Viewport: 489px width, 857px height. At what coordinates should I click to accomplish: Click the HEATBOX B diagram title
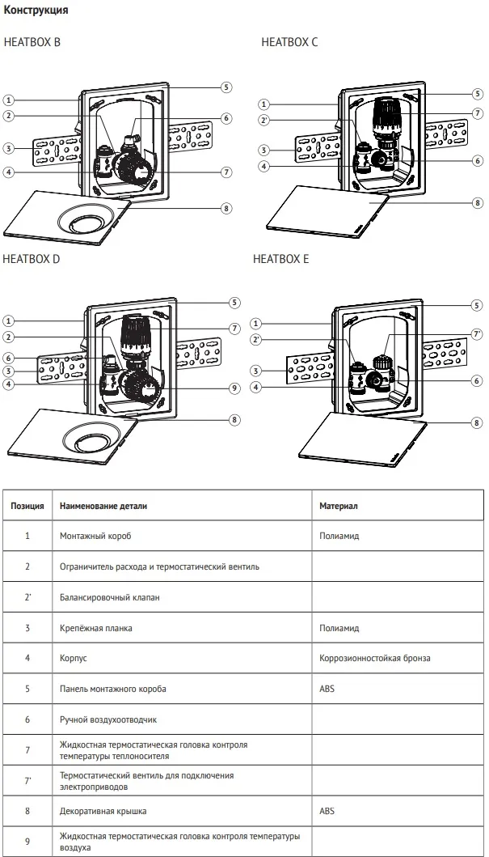point(32,42)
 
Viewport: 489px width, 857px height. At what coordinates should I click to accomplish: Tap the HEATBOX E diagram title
point(280,260)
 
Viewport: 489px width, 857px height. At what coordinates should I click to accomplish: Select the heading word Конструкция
point(36,11)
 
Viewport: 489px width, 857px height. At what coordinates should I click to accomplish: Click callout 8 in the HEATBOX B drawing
point(227,208)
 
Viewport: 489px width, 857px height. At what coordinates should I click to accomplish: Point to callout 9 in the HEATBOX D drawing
point(234,388)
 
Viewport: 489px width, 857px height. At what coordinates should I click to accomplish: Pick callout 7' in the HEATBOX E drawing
point(477,333)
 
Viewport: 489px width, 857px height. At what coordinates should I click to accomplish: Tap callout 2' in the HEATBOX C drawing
point(263,120)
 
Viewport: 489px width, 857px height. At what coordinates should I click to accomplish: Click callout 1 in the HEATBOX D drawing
point(8,320)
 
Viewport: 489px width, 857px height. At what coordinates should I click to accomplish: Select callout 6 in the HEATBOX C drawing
point(478,160)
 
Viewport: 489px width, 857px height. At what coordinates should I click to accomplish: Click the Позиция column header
point(27,505)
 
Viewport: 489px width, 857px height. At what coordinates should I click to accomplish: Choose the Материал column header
point(339,505)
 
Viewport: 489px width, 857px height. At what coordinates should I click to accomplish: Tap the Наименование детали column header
point(103,505)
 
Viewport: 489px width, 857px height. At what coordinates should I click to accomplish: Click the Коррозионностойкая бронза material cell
point(375,658)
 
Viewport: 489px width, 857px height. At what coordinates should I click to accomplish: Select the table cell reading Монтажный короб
point(95,536)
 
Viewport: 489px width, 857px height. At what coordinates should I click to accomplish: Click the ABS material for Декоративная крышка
point(327,810)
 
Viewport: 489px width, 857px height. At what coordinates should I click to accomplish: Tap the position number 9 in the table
point(27,842)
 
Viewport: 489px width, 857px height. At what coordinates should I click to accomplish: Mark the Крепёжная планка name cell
point(96,628)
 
